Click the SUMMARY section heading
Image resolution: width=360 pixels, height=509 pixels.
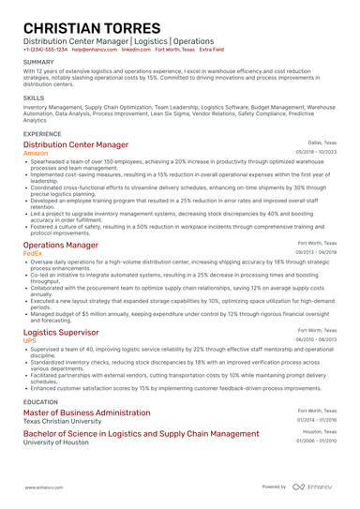click(x=38, y=62)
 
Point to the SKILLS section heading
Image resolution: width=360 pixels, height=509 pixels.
click(x=34, y=97)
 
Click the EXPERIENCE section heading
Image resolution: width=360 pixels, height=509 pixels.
click(x=43, y=134)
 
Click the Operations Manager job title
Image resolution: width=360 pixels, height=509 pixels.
click(x=61, y=245)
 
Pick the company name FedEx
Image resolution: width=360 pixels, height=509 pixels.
click(x=33, y=253)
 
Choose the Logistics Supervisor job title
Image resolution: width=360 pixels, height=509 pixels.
click(x=61, y=332)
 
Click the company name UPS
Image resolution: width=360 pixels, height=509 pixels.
click(x=30, y=340)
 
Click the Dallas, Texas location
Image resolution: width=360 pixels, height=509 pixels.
click(x=322, y=142)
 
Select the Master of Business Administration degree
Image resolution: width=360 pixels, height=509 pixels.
click(x=86, y=412)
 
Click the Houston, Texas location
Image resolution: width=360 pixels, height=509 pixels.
click(x=319, y=432)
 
